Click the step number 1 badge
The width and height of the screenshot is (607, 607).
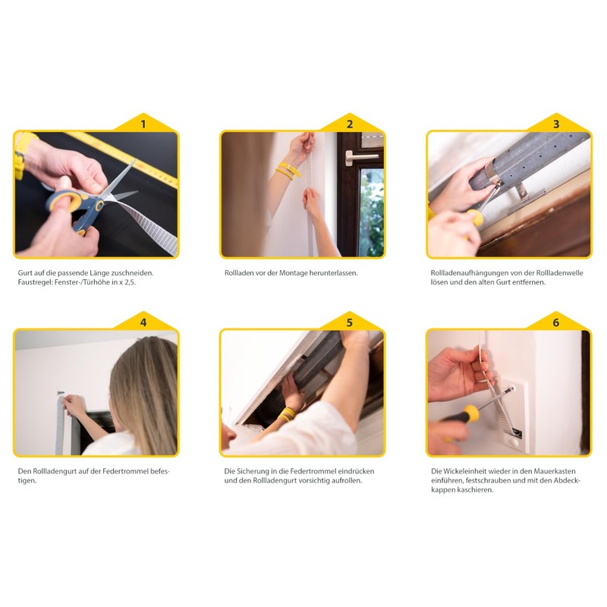coord(143,124)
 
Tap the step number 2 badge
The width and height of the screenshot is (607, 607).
coord(350,124)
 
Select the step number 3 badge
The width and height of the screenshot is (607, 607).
coord(556,124)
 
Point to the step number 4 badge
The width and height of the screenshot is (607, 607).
coord(143,322)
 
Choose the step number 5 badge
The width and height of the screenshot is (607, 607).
coord(350,322)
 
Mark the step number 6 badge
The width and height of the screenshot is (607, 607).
coord(556,322)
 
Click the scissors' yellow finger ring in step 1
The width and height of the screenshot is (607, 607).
coord(63,201)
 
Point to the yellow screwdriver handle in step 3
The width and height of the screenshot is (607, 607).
coord(475,217)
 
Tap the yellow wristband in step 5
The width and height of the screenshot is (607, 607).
coord(288,414)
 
